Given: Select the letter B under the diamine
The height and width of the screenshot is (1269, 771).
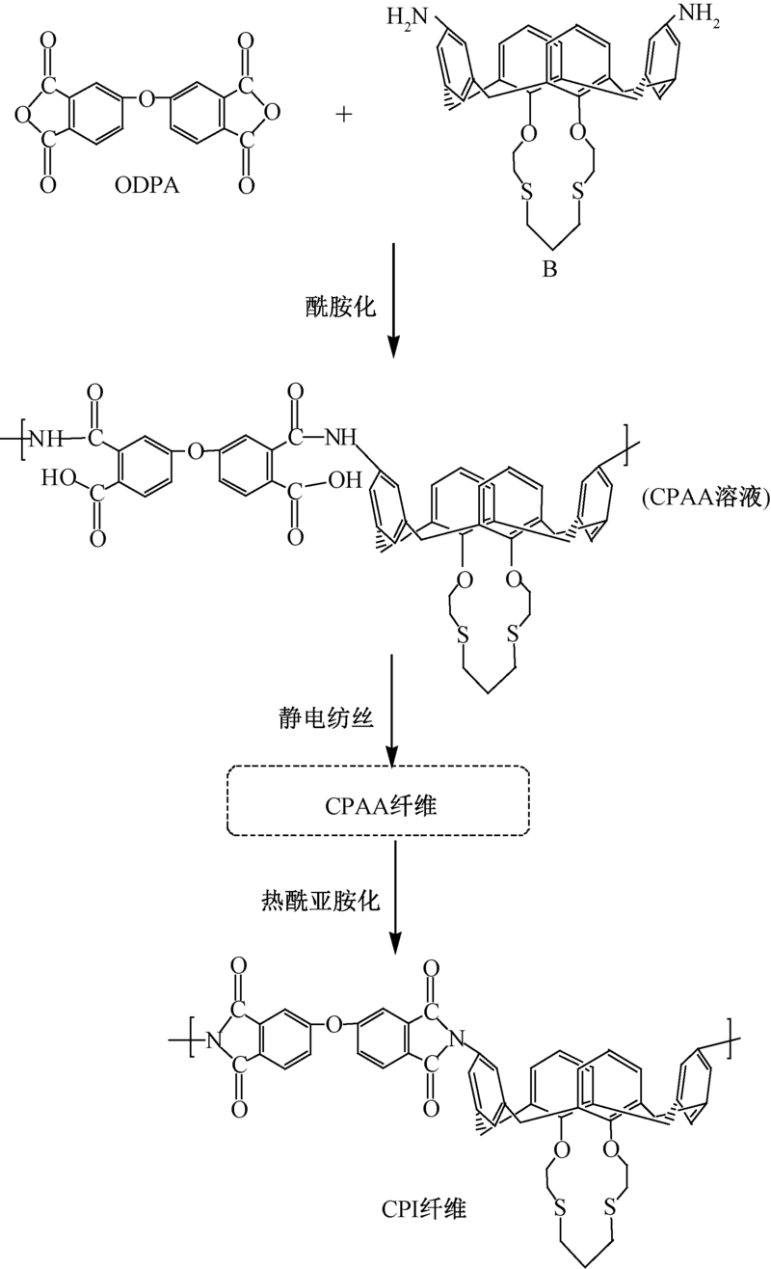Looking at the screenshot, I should (x=549, y=270).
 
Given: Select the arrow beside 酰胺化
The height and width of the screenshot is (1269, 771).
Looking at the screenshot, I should (x=394, y=299).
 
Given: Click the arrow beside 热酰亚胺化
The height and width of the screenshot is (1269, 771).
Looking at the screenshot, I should (x=394, y=897).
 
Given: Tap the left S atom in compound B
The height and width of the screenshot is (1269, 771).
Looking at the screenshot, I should (x=526, y=191).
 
